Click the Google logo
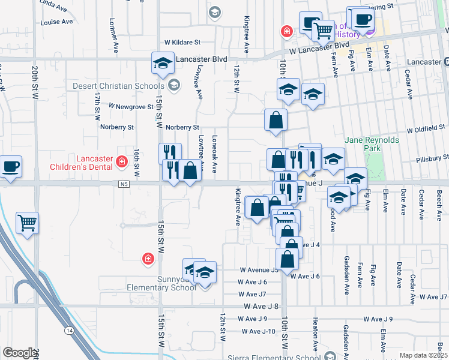(x=20, y=353)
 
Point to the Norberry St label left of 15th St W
(x=117, y=127)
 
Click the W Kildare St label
(x=182, y=43)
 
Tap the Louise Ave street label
(x=56, y=22)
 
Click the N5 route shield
(x=124, y=184)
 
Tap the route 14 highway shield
(x=70, y=331)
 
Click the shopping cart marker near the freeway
(x=28, y=223)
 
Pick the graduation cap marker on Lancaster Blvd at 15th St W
(x=162, y=63)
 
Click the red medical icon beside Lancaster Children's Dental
(x=122, y=161)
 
